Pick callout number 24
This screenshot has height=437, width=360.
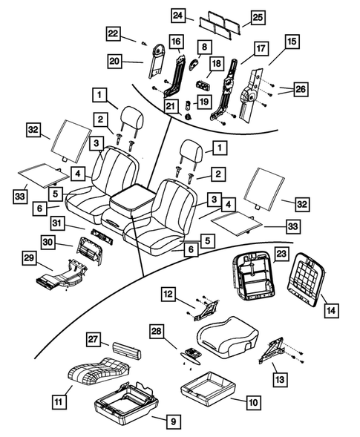pyautogui.click(x=178, y=16)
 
